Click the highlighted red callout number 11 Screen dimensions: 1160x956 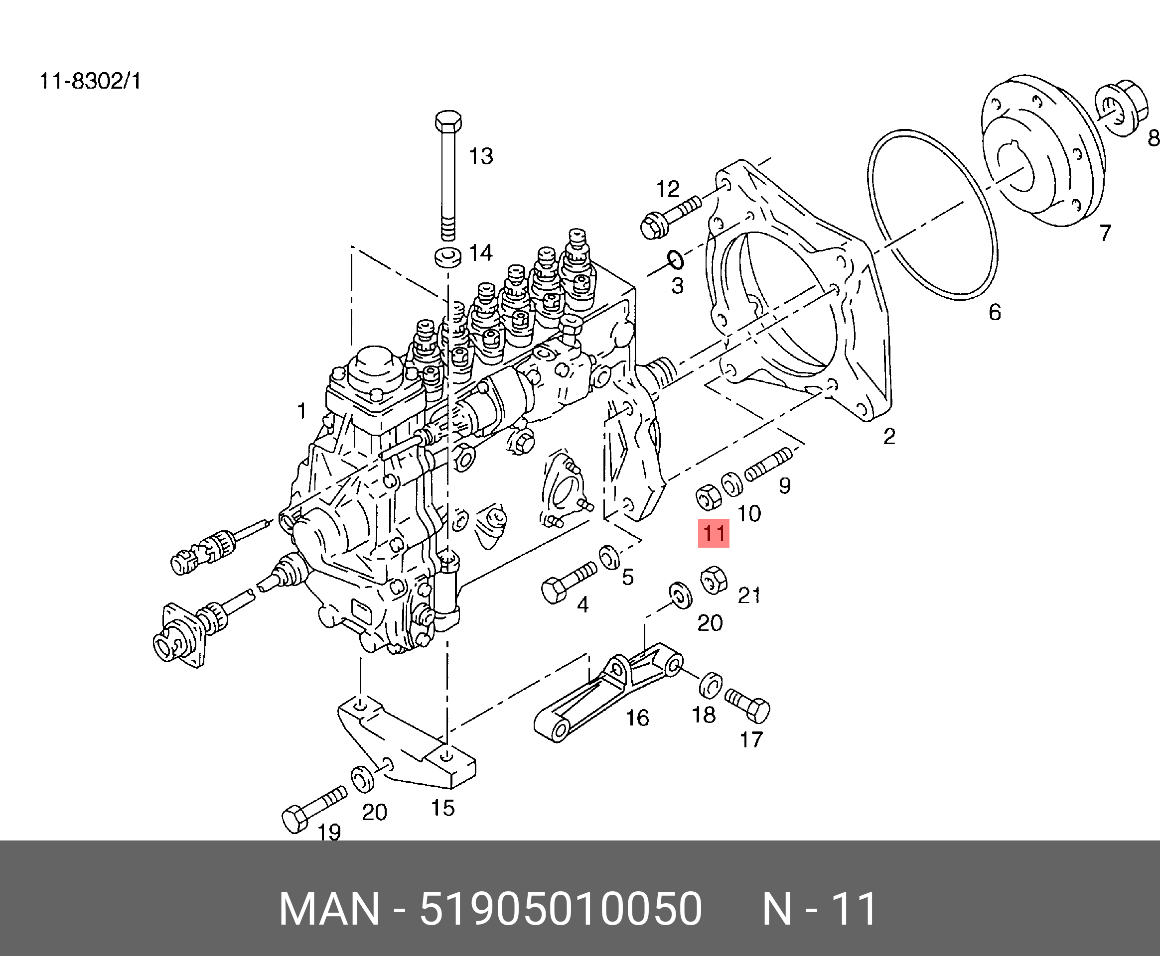714,533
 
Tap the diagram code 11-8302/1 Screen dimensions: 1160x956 90,82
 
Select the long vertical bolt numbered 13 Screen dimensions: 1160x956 448,176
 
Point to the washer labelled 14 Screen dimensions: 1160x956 446,257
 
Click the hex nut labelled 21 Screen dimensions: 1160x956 714,580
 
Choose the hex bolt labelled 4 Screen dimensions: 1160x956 568,583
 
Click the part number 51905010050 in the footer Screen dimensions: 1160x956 561,908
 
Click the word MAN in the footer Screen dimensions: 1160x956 329,908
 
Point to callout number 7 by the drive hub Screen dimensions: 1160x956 1105,233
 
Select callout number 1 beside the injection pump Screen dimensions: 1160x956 301,411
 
